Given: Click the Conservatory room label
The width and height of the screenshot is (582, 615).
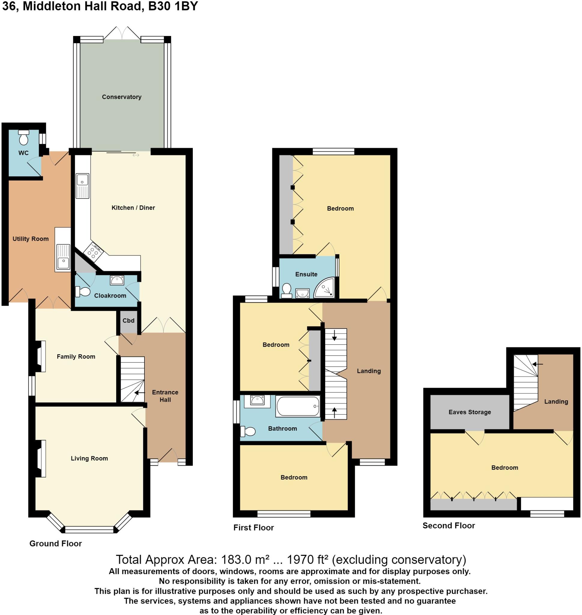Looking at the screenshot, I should (122, 97).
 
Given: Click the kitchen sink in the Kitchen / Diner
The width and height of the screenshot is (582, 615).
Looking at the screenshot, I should (83, 186).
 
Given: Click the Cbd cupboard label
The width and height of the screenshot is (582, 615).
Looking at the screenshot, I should (129, 320).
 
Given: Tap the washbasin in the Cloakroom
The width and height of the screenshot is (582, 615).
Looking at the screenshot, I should (117, 280).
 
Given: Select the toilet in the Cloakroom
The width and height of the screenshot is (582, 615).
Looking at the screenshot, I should (83, 292).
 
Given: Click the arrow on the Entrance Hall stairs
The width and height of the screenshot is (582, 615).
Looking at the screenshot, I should (140, 392).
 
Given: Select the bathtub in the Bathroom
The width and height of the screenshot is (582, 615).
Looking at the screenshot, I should (298, 406).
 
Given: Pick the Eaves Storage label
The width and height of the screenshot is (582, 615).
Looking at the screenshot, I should (470, 412).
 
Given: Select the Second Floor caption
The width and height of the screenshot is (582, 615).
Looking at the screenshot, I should (449, 526).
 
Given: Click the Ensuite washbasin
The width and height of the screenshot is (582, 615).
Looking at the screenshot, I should (302, 292).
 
